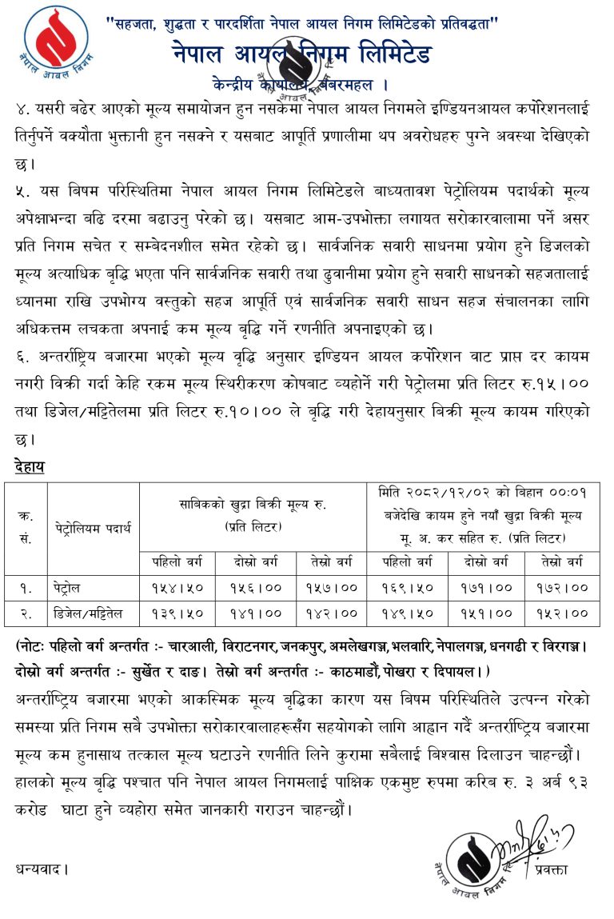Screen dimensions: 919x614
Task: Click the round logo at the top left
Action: click(x=57, y=40)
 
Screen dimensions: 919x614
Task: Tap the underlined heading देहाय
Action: click(x=29, y=466)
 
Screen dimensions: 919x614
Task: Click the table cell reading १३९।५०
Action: click(x=177, y=613)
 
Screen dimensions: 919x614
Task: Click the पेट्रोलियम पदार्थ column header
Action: click(x=93, y=529)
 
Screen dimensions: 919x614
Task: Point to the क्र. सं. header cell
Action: click(x=26, y=528)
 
